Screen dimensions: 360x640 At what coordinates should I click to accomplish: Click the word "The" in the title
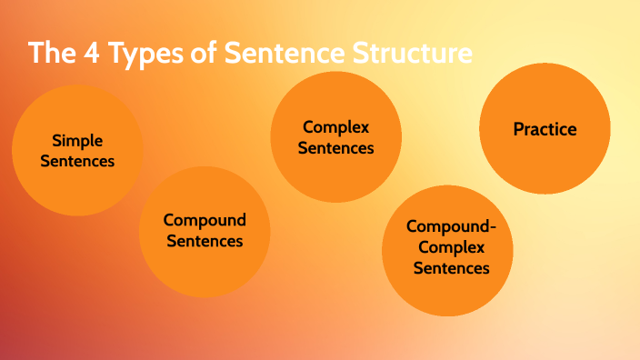(52, 53)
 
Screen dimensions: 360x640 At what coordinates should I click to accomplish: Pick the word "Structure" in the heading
(408, 53)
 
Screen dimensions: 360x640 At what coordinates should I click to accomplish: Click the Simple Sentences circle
(77, 150)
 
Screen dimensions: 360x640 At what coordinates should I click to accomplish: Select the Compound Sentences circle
(205, 231)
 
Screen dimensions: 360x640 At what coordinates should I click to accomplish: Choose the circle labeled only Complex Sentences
(336, 136)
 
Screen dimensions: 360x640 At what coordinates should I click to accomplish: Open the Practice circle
(545, 129)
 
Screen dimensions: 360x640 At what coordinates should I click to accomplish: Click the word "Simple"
(77, 140)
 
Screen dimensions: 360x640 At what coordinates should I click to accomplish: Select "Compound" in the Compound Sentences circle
(205, 220)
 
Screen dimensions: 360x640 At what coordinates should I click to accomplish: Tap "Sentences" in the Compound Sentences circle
(205, 241)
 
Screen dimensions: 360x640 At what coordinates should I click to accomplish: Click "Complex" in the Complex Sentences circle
(336, 126)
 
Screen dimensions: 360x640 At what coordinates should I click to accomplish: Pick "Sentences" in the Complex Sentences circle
(336, 147)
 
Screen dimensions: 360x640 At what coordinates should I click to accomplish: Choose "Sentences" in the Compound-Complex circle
(452, 268)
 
